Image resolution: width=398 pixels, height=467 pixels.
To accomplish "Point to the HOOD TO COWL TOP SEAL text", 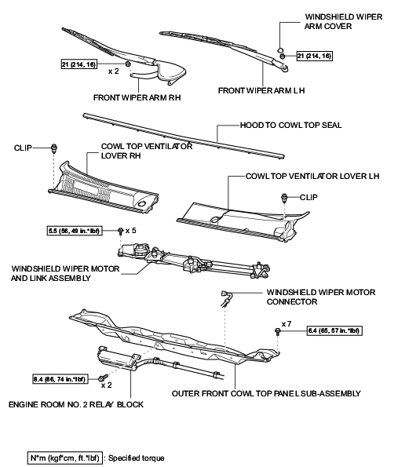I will [290, 125].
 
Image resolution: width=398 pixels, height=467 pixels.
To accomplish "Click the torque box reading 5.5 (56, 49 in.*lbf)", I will [80, 232].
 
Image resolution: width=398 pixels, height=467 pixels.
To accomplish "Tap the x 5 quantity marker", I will [131, 232].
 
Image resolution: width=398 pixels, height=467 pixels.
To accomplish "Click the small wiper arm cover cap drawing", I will [280, 53].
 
